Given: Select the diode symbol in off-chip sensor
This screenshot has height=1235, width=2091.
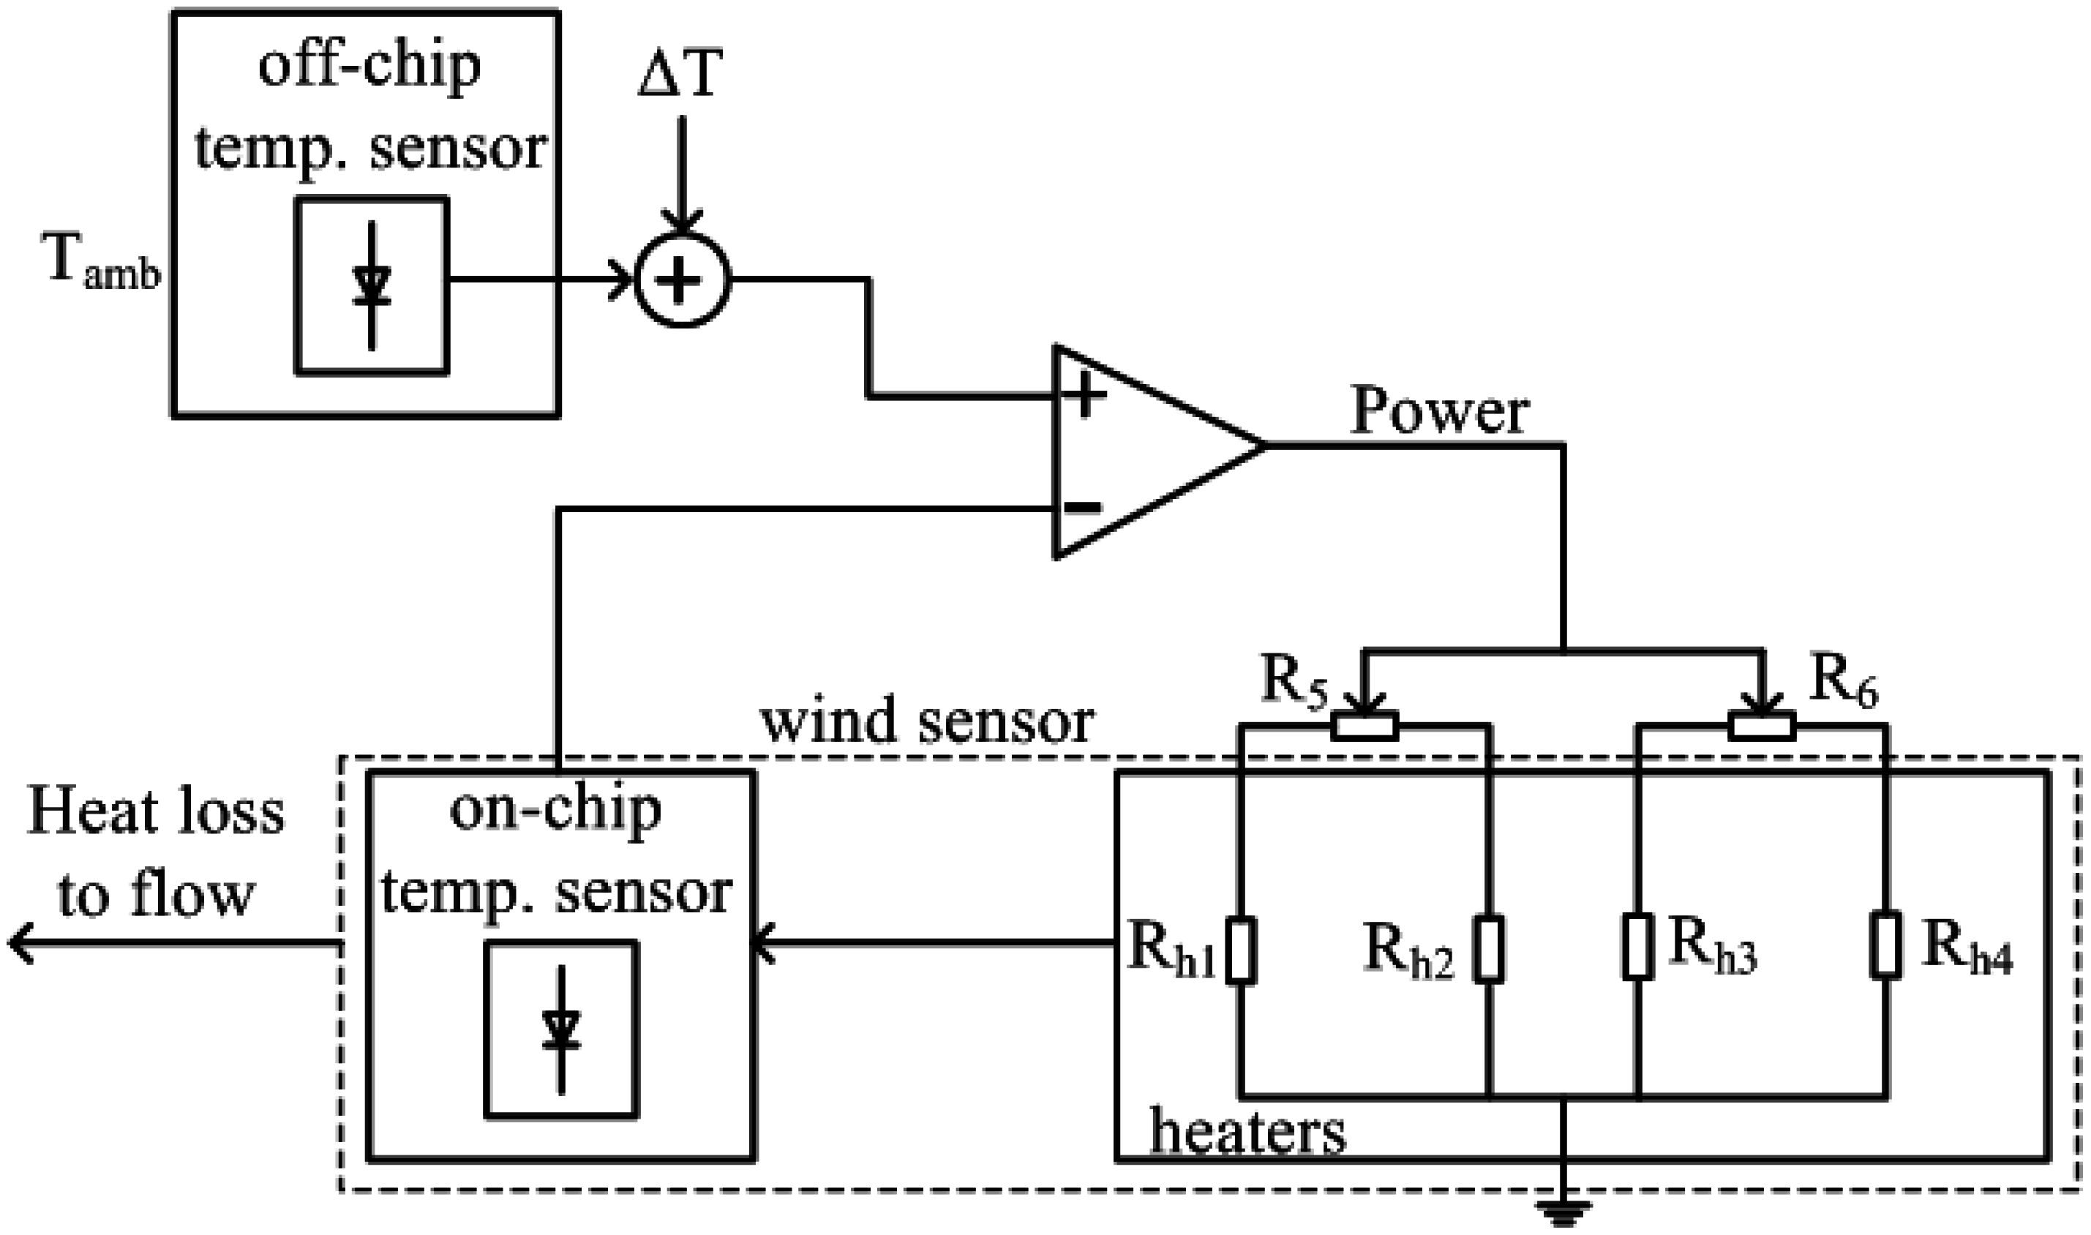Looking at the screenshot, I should coord(371,285).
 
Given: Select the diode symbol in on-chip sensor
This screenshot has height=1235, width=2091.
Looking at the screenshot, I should coord(561,1029).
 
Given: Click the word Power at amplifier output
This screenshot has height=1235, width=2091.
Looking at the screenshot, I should coord(1440,411).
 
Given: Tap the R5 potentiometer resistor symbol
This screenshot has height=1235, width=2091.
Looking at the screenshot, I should coord(1364,726).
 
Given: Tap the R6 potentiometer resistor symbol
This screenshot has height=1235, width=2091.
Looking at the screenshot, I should coord(1762,726).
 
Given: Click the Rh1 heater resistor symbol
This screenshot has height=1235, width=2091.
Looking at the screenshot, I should coord(1241,950).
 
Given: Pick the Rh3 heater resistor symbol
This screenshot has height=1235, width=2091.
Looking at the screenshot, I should coord(1637,946).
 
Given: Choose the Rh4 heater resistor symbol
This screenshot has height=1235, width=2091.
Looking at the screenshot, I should coord(1886,946).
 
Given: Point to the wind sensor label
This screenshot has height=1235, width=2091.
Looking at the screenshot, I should coord(927,721).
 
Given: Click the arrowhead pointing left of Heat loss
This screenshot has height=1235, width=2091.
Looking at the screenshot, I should coord(20,944).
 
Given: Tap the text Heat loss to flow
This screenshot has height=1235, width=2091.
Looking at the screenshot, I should coord(156,853).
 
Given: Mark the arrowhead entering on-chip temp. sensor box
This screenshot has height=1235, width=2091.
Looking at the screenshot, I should coord(763,944).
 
